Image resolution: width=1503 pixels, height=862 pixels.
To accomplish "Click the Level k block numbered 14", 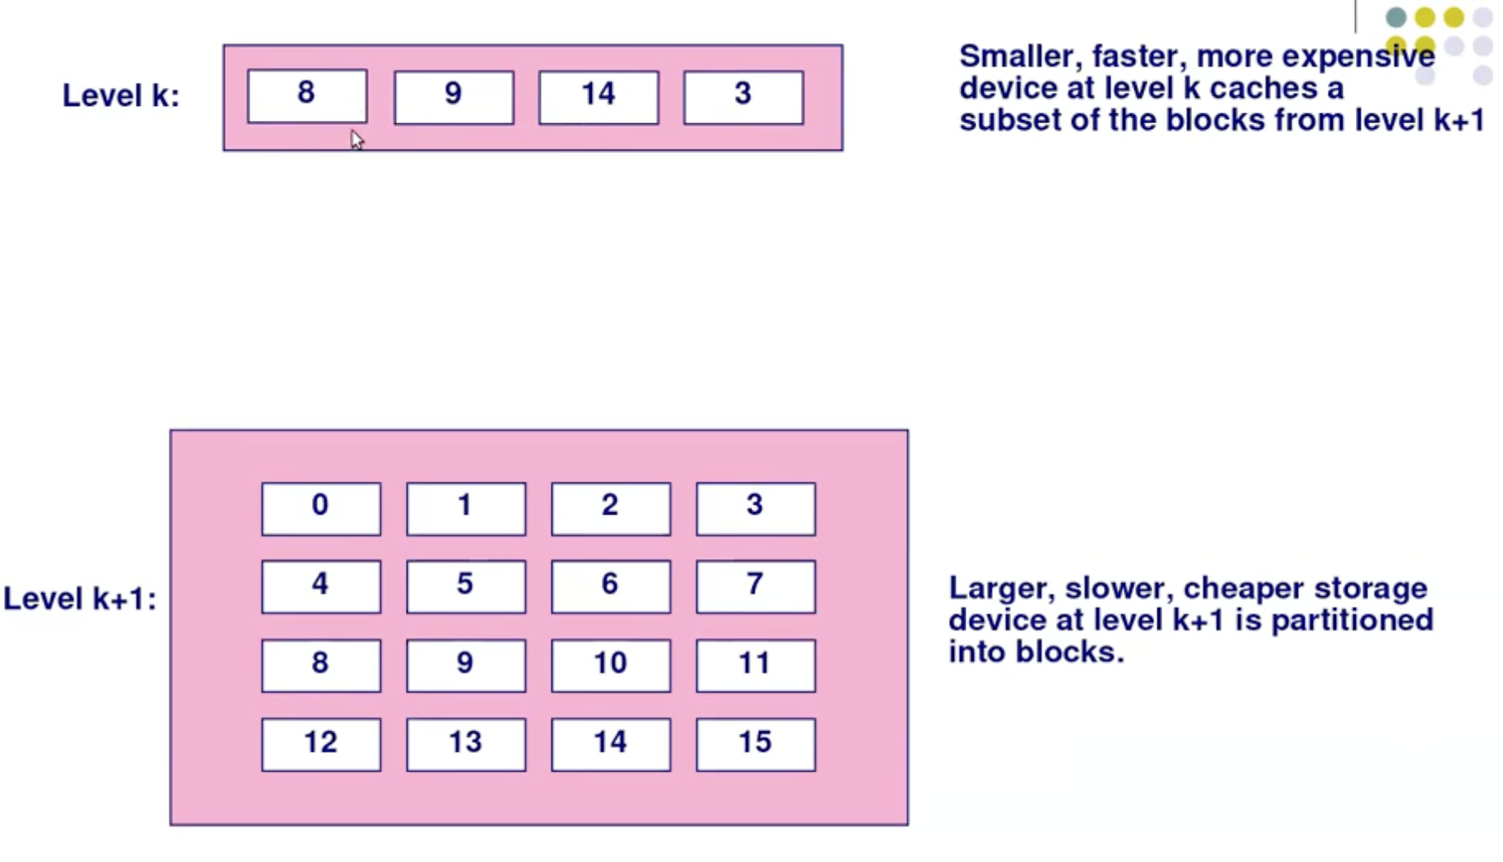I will click(599, 98).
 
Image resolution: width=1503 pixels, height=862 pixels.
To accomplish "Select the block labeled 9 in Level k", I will click(454, 98).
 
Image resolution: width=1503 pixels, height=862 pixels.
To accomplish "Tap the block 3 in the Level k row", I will click(743, 98).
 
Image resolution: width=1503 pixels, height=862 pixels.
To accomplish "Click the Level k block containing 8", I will click(307, 96).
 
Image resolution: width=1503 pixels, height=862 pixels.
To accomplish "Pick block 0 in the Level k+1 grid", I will click(321, 509).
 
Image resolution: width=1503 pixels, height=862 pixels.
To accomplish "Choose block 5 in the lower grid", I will click(465, 587).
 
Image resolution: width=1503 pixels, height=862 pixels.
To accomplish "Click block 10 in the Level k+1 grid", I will click(611, 665).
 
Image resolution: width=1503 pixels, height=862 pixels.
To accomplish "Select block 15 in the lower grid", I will click(756, 745).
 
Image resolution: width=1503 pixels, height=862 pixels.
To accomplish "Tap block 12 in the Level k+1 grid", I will click(321, 745).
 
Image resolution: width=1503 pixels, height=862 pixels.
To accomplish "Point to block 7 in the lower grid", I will click(756, 587).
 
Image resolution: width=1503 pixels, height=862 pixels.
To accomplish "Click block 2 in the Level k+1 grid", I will click(611, 509).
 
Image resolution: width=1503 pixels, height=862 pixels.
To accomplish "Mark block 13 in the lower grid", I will click(465, 745).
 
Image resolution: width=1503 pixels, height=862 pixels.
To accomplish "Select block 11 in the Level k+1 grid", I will click(756, 665).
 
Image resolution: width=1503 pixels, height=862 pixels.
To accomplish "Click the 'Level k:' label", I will click(121, 96).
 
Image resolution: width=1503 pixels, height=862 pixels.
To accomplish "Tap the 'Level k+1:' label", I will click(79, 599).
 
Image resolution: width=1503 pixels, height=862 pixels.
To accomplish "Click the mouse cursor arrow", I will click(356, 139).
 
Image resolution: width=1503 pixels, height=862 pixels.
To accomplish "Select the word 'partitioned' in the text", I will click(1352, 620).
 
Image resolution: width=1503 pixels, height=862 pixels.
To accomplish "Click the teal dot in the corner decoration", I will click(1396, 17).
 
